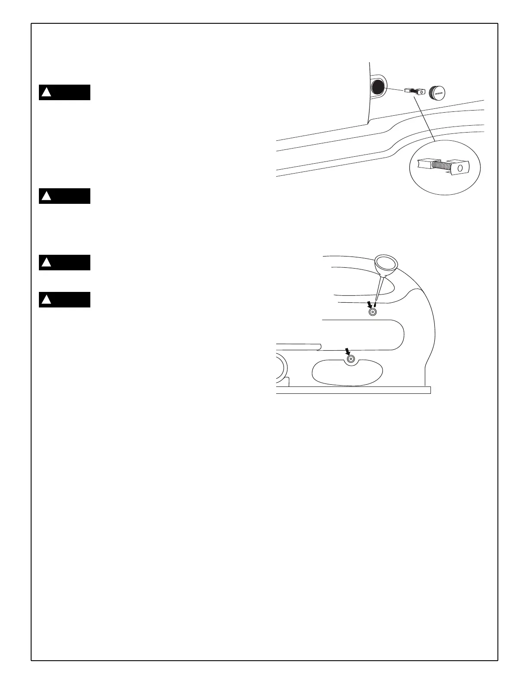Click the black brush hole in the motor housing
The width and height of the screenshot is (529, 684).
377,88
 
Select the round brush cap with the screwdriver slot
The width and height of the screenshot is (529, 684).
437,92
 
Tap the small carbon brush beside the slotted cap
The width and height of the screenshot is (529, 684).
415,91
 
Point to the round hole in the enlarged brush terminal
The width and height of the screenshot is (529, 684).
460,167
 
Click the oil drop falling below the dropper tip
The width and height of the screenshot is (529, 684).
375,304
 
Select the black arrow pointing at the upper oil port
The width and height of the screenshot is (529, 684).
369,304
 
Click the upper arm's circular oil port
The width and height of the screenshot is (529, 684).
371,311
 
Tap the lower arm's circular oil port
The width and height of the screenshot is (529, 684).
351,359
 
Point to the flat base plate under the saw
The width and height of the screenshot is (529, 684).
354,390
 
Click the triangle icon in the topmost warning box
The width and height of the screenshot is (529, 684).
46,92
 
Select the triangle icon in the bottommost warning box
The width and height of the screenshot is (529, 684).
46,300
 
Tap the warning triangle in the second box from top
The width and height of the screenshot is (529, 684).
46,196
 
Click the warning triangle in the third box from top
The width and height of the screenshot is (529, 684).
46,263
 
